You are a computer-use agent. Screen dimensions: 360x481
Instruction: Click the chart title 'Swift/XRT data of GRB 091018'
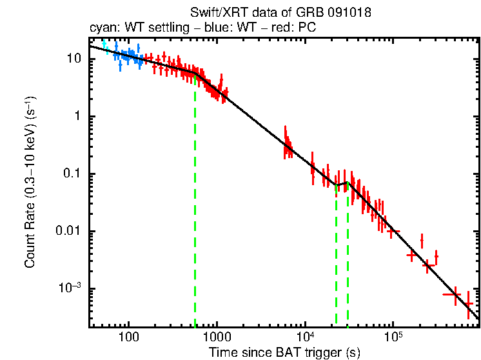[x=280, y=12]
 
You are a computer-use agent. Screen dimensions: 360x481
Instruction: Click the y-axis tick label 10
[x=75, y=59]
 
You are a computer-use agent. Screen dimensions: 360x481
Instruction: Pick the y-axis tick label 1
[x=79, y=116]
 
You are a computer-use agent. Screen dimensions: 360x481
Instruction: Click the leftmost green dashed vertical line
[x=195, y=206]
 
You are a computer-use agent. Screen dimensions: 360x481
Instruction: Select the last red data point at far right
[x=469, y=303]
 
